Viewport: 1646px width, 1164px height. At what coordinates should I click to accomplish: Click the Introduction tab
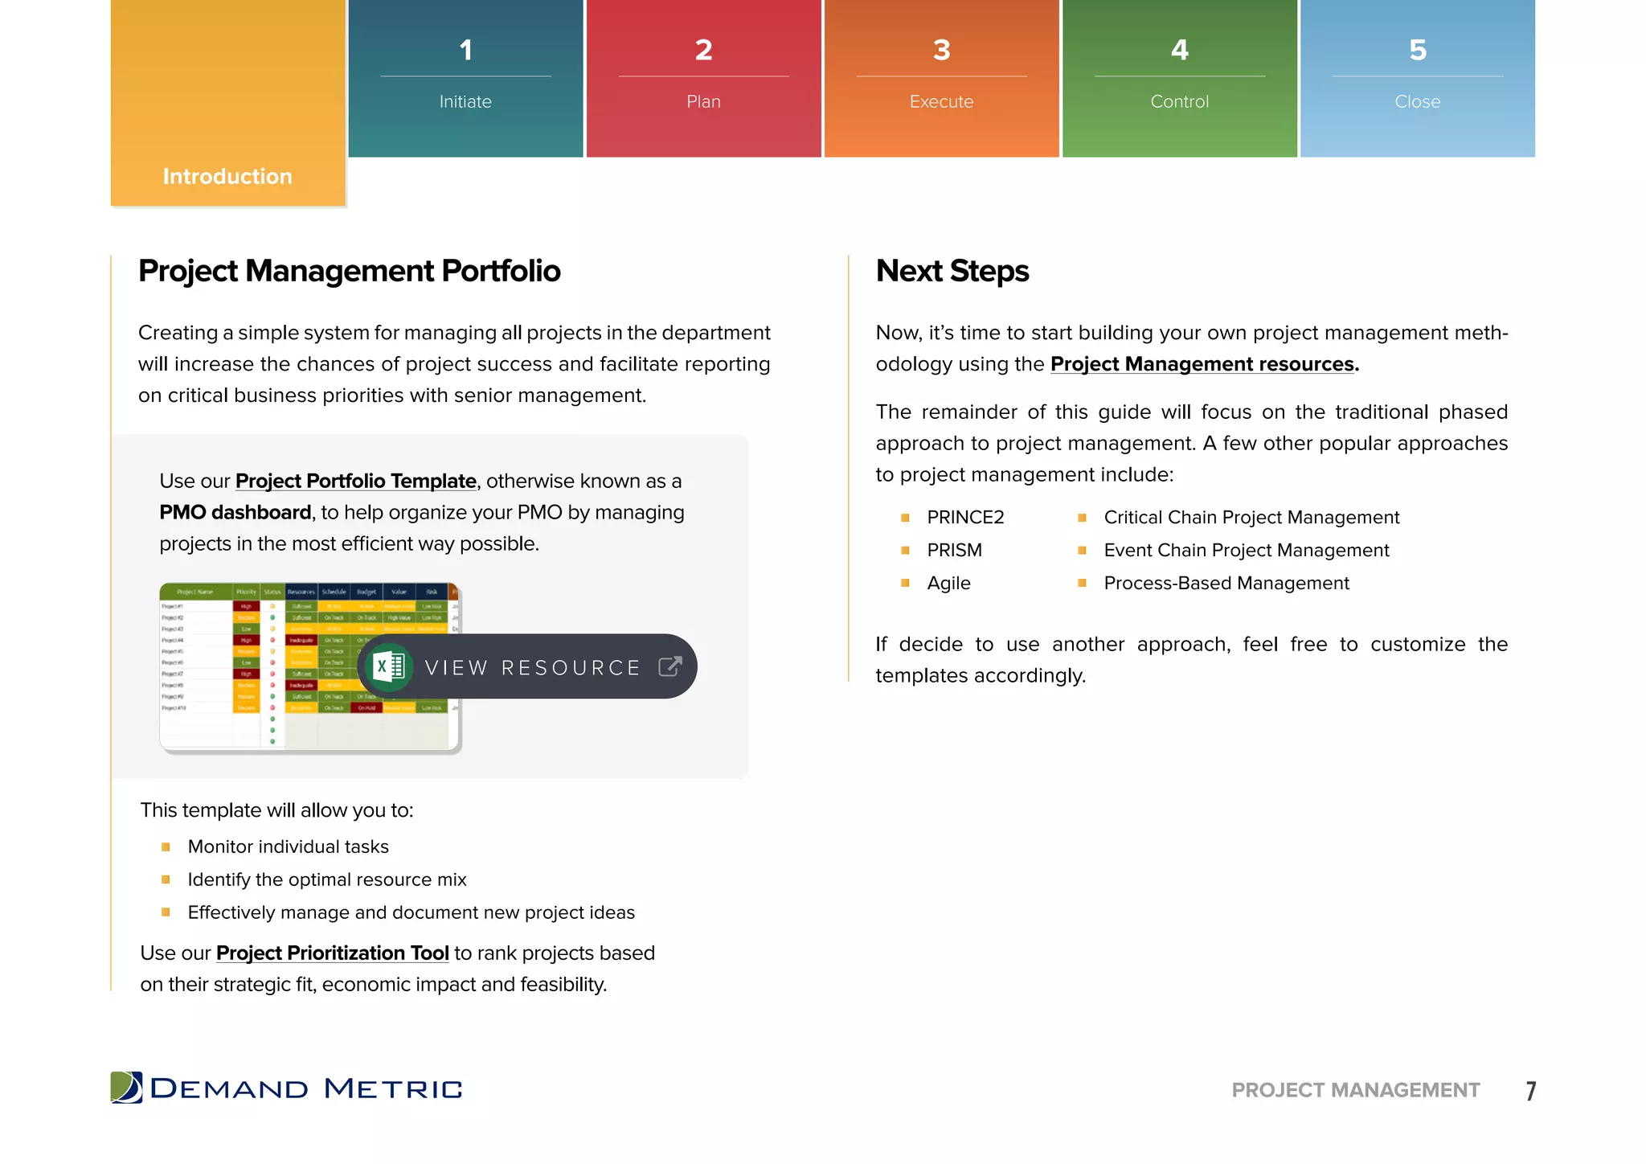[x=227, y=176]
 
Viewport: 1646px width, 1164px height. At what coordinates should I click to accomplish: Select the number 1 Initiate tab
[x=465, y=78]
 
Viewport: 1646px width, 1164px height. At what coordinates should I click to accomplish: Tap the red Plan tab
[x=703, y=78]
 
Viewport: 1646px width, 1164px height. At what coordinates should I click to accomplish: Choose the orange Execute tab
[x=941, y=78]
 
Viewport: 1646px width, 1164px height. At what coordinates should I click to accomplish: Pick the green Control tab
[x=1179, y=78]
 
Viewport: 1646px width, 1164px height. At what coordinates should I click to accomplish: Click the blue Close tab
[x=1417, y=78]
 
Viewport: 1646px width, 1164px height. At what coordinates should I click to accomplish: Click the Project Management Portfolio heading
[x=349, y=272]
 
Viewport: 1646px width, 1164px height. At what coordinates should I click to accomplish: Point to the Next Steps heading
[x=952, y=272]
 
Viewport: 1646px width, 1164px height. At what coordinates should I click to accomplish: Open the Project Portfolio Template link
[x=355, y=482]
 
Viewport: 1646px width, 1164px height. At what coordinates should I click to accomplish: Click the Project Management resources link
[x=1203, y=364]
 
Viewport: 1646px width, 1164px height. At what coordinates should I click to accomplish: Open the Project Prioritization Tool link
[x=332, y=953]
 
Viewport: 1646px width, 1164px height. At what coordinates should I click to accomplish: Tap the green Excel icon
[x=389, y=666]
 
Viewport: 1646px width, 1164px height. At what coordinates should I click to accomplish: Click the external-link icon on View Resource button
[x=669, y=666]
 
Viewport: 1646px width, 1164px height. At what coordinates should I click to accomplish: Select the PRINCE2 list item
[x=965, y=518]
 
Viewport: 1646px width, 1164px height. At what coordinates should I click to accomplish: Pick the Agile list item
[x=948, y=584]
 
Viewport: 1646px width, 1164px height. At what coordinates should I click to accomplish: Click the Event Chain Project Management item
[x=1246, y=551]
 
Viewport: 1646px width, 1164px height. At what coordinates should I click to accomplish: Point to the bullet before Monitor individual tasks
[x=166, y=846]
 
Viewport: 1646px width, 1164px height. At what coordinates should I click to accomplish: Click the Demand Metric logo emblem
[x=126, y=1088]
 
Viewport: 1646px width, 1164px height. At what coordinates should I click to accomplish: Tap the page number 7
[x=1530, y=1091]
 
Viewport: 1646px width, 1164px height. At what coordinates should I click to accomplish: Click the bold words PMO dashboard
[x=235, y=513]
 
